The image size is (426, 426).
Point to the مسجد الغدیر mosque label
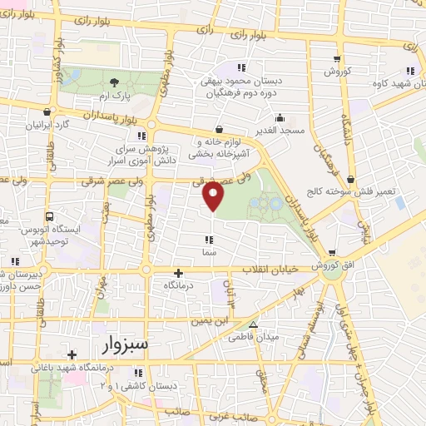280,131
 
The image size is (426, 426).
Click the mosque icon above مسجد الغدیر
280,117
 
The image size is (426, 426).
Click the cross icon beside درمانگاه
177,272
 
